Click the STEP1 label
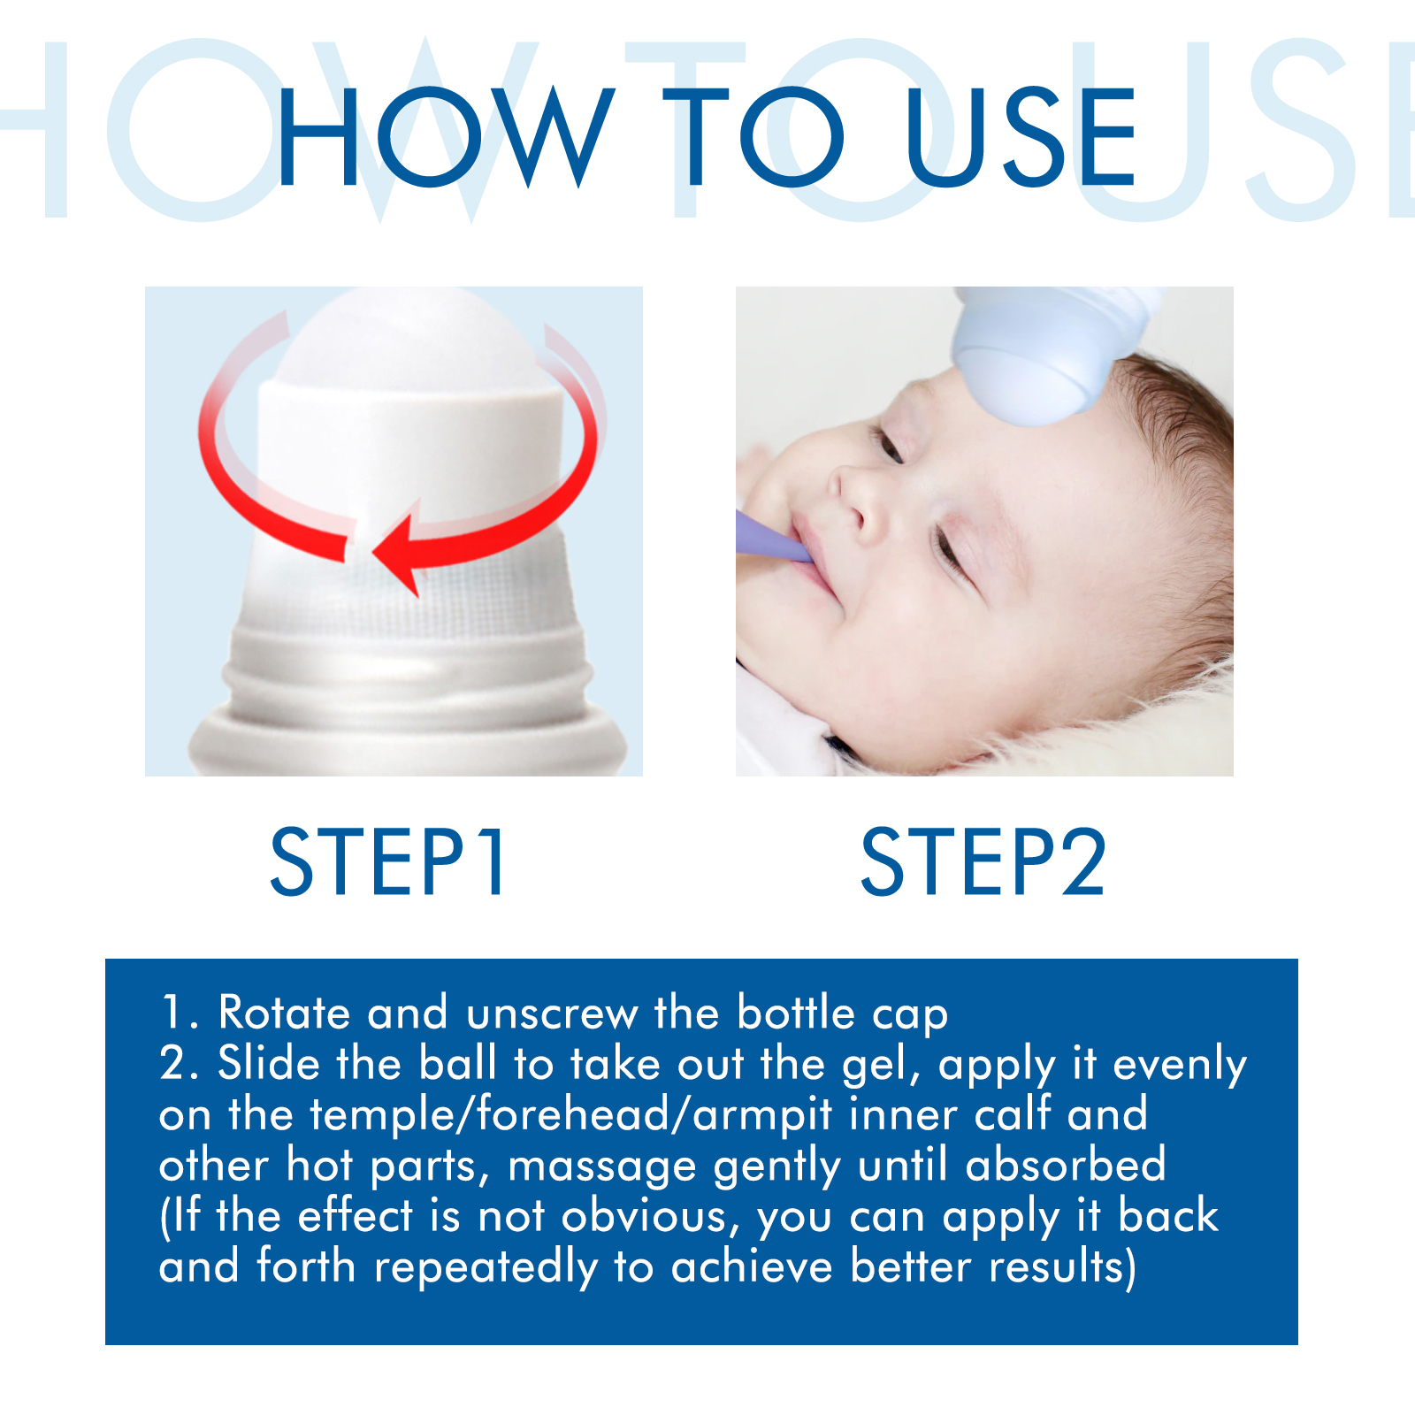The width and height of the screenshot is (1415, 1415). pos(388,861)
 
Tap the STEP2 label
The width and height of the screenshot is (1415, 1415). pos(983,861)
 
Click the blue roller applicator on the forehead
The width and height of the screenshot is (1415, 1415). pos(1052,354)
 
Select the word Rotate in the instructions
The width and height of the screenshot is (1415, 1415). pos(284,1013)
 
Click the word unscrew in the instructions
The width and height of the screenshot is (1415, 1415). pos(552,1013)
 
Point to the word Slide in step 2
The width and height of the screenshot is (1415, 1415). pos(268,1063)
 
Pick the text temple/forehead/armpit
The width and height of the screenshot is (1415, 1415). pos(572,1115)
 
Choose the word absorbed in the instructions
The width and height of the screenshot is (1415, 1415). pos(1066,1166)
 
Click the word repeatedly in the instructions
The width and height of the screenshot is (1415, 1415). pos(486,1268)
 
